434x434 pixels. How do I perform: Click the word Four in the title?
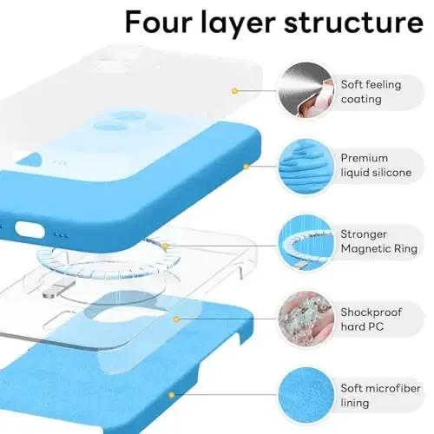168,22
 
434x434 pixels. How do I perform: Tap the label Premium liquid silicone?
376,166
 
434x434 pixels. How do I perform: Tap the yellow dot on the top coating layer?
233,90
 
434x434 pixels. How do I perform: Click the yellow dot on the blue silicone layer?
246,165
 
